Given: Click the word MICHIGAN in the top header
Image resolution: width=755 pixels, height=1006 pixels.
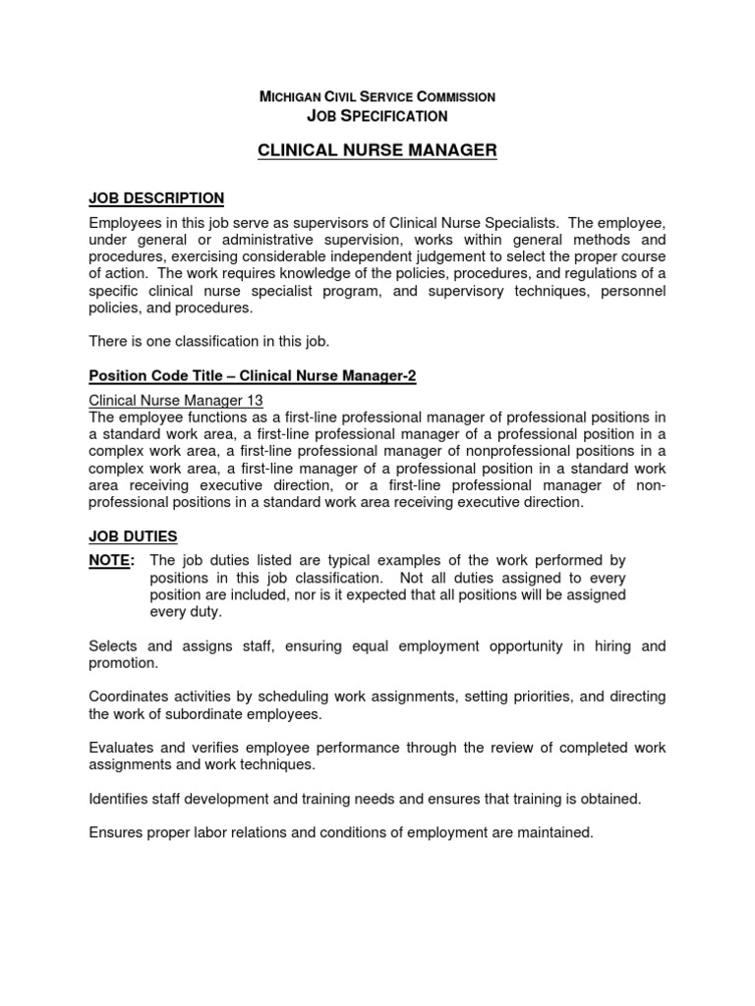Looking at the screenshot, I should pos(290,97).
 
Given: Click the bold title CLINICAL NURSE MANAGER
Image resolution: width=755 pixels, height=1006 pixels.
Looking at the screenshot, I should pos(377,150).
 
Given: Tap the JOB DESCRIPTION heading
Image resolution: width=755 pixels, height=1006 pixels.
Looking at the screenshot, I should pos(156,198).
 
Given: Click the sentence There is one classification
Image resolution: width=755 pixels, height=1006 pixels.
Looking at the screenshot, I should pos(209,341).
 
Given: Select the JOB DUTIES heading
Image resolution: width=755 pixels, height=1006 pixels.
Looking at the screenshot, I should pos(133,536).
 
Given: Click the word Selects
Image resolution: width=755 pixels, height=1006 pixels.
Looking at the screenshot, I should pos(114,645).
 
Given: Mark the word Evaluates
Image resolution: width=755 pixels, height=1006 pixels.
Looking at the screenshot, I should pos(121,748).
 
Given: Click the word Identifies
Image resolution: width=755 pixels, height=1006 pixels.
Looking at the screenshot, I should pos(120,799).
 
